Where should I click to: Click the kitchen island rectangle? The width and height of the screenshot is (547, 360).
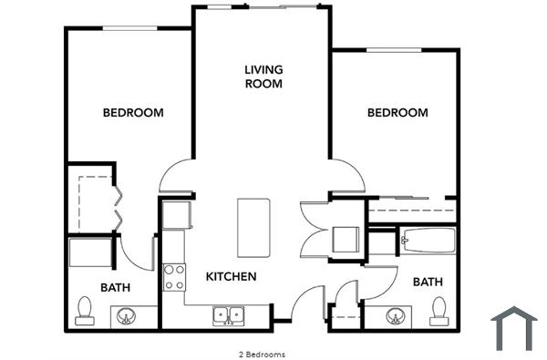click(x=255, y=227)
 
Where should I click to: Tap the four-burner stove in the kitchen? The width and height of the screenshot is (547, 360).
click(x=173, y=276)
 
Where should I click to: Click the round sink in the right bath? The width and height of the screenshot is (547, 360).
click(x=396, y=317)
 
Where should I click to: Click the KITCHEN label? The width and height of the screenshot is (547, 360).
click(x=231, y=276)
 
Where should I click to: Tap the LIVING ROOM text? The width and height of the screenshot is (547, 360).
click(x=263, y=77)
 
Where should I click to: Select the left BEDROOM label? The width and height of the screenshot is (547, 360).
click(x=133, y=113)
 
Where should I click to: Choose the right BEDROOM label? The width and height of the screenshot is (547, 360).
click(x=397, y=113)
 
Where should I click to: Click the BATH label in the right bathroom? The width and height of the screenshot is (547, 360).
click(x=428, y=282)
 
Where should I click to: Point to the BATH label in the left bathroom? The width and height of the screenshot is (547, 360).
click(x=115, y=287)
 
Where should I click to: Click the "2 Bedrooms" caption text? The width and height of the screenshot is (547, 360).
click(x=261, y=354)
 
